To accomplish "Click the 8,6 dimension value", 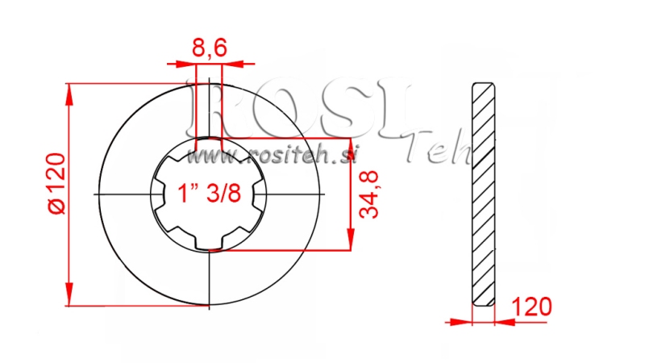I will click(x=209, y=48).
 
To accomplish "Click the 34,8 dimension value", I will click(x=370, y=195).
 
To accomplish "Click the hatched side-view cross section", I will click(x=482, y=194).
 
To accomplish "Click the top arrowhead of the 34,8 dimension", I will click(x=350, y=146).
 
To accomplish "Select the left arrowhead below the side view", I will click(x=463, y=322).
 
